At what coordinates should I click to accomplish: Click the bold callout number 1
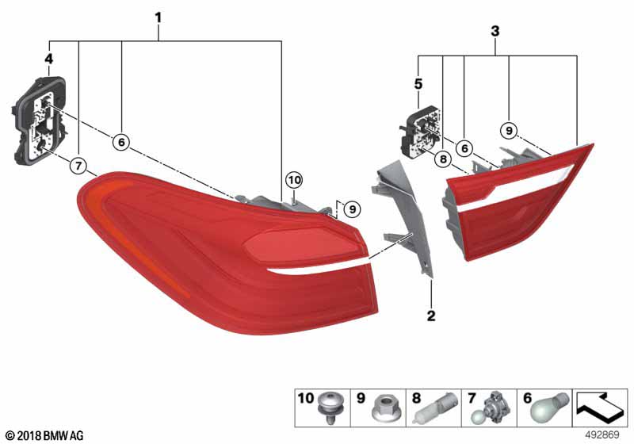click(158, 17)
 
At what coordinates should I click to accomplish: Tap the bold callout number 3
click(495, 31)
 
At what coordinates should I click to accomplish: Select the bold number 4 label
click(48, 59)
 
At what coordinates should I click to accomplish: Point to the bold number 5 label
click(418, 84)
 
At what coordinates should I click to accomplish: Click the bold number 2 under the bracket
click(431, 316)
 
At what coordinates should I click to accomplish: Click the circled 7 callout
click(78, 165)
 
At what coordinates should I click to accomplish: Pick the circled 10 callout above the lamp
click(294, 179)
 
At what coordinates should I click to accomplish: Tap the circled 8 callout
click(443, 159)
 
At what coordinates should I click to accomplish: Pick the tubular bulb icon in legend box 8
click(435, 408)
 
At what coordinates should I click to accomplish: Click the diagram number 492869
click(602, 435)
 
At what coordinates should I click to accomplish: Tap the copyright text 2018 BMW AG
click(45, 436)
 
